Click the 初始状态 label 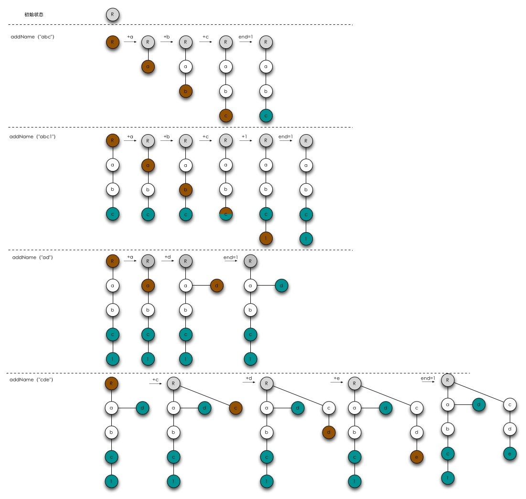[x=34, y=15]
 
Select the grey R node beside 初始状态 [x=112, y=14]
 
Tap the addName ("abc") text [x=32, y=37]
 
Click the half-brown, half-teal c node [x=226, y=214]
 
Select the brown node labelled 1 [x=266, y=238]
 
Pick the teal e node [x=510, y=453]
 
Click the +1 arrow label [x=244, y=137]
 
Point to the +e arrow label [x=337, y=378]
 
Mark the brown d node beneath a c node [x=329, y=433]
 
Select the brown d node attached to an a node [x=216, y=286]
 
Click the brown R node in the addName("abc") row [x=112, y=42]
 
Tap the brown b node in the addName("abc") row [x=186, y=91]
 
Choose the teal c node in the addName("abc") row [x=266, y=116]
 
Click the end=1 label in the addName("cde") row [x=428, y=378]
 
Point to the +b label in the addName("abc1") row [x=167, y=137]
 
